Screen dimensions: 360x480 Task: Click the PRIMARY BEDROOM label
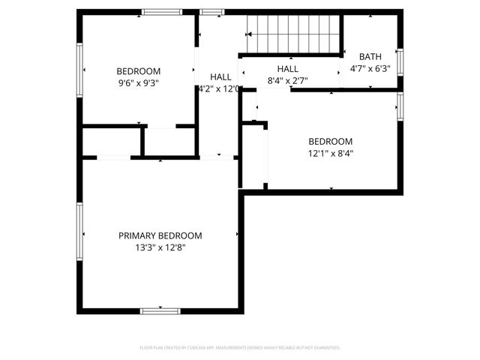click(x=160, y=235)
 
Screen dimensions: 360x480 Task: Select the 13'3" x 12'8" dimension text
click(x=160, y=247)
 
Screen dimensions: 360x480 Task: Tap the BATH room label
click(x=370, y=56)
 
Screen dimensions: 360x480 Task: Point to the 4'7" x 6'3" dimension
click(x=370, y=68)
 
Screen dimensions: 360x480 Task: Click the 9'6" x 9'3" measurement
click(x=139, y=83)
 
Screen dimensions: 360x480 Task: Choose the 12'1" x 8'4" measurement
click(x=330, y=154)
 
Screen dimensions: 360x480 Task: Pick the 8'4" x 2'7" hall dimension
click(x=288, y=80)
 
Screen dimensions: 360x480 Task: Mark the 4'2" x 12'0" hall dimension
click(x=219, y=88)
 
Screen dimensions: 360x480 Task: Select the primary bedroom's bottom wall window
click(x=160, y=310)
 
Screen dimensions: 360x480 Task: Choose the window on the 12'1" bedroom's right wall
click(x=400, y=106)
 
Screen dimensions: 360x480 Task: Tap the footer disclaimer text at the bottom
click(x=240, y=348)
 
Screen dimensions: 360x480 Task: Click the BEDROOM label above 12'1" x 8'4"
click(x=330, y=142)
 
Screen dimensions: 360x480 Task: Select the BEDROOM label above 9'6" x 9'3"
click(x=139, y=71)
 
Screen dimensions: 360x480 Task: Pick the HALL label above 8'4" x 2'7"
click(x=288, y=68)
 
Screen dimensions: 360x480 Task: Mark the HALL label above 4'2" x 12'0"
click(x=220, y=76)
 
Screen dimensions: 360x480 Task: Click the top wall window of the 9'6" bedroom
click(x=162, y=12)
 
